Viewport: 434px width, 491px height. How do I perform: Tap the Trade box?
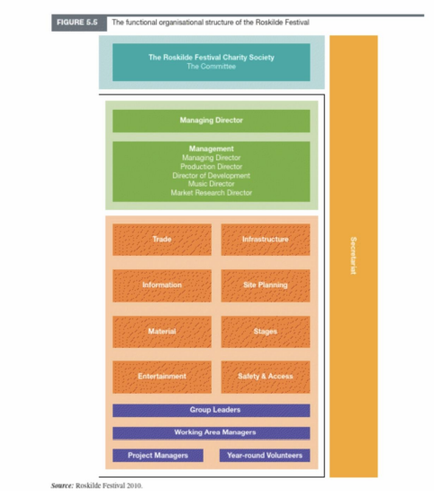point(162,240)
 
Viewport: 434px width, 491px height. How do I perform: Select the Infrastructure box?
point(266,240)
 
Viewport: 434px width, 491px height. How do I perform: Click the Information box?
point(162,286)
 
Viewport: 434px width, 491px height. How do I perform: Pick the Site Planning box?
point(266,286)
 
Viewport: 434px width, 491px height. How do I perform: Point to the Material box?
point(162,332)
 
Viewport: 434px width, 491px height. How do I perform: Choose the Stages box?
point(266,332)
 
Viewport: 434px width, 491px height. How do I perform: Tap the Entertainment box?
point(162,377)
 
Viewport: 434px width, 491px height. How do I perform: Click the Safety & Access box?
point(266,377)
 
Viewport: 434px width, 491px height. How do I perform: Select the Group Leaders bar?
point(212,410)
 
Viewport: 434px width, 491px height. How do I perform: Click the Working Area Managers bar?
point(212,432)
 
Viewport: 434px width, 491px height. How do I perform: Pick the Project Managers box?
point(158,455)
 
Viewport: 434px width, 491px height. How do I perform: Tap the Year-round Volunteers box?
point(265,455)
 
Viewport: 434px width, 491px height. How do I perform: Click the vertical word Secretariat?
point(353,256)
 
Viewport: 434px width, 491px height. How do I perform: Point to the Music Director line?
point(212,184)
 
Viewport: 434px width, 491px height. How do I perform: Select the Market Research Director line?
point(212,193)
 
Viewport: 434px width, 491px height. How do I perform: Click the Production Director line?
point(212,167)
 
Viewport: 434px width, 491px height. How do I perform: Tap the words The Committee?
point(212,67)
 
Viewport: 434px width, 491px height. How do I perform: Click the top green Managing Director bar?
point(212,121)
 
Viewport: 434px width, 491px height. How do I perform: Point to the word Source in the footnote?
point(61,486)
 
